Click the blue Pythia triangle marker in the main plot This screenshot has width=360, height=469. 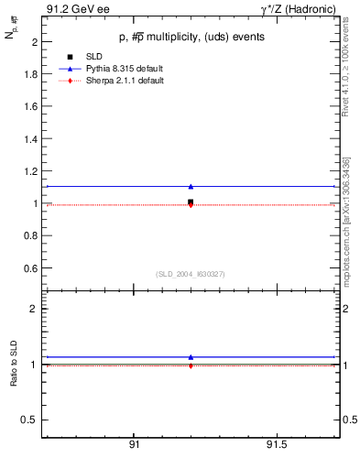191,187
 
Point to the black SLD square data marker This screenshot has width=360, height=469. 191,202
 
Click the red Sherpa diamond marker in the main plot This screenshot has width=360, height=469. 191,205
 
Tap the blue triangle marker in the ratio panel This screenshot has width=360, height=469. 191,357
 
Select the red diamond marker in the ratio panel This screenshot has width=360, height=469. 191,365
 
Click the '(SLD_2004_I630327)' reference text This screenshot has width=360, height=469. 190,274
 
